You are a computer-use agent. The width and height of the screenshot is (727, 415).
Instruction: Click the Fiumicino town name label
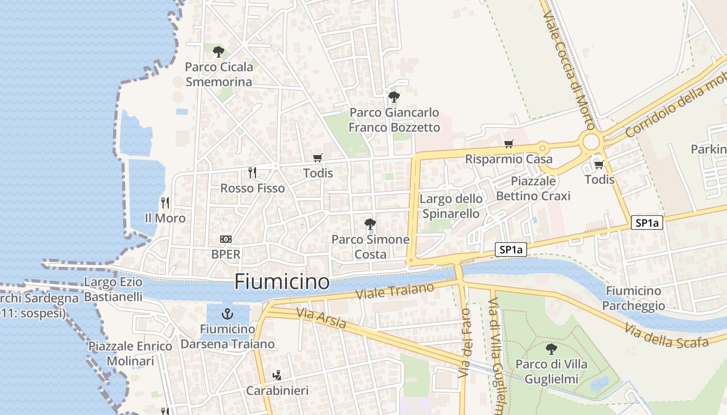(x=282, y=282)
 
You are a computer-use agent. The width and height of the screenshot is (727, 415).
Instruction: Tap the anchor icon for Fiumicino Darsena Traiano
(x=227, y=314)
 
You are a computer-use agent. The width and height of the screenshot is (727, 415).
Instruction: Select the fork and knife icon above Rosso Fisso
(x=252, y=172)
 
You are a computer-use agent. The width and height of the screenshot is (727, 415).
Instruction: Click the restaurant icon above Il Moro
(x=165, y=202)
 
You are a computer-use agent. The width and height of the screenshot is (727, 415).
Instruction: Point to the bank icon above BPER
(x=226, y=239)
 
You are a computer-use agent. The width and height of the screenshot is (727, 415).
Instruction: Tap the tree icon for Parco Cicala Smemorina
(x=219, y=51)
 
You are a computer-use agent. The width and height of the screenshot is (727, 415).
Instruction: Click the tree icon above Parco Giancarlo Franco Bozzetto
(x=394, y=96)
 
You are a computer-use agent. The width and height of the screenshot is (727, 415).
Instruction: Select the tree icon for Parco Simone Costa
(x=370, y=224)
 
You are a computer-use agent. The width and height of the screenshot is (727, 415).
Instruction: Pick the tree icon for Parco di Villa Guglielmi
(x=551, y=349)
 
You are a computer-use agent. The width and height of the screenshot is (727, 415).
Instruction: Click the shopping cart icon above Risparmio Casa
(x=508, y=144)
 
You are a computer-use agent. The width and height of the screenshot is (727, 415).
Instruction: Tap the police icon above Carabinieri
(x=277, y=375)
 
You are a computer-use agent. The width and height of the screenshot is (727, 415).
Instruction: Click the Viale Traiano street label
(x=395, y=291)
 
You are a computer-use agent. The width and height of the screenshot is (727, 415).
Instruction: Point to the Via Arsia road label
(x=321, y=318)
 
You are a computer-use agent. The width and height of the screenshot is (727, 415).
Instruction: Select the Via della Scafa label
(x=666, y=336)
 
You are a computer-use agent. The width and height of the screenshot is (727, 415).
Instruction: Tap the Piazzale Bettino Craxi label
(x=533, y=188)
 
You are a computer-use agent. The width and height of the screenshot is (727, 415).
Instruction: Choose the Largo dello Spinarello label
(x=451, y=206)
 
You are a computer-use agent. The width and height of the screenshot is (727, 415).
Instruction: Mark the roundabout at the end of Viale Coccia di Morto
(x=591, y=141)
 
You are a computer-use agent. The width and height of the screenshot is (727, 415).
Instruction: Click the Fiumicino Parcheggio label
(x=634, y=298)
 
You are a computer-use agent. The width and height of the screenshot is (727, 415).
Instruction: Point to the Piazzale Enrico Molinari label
(x=130, y=353)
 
